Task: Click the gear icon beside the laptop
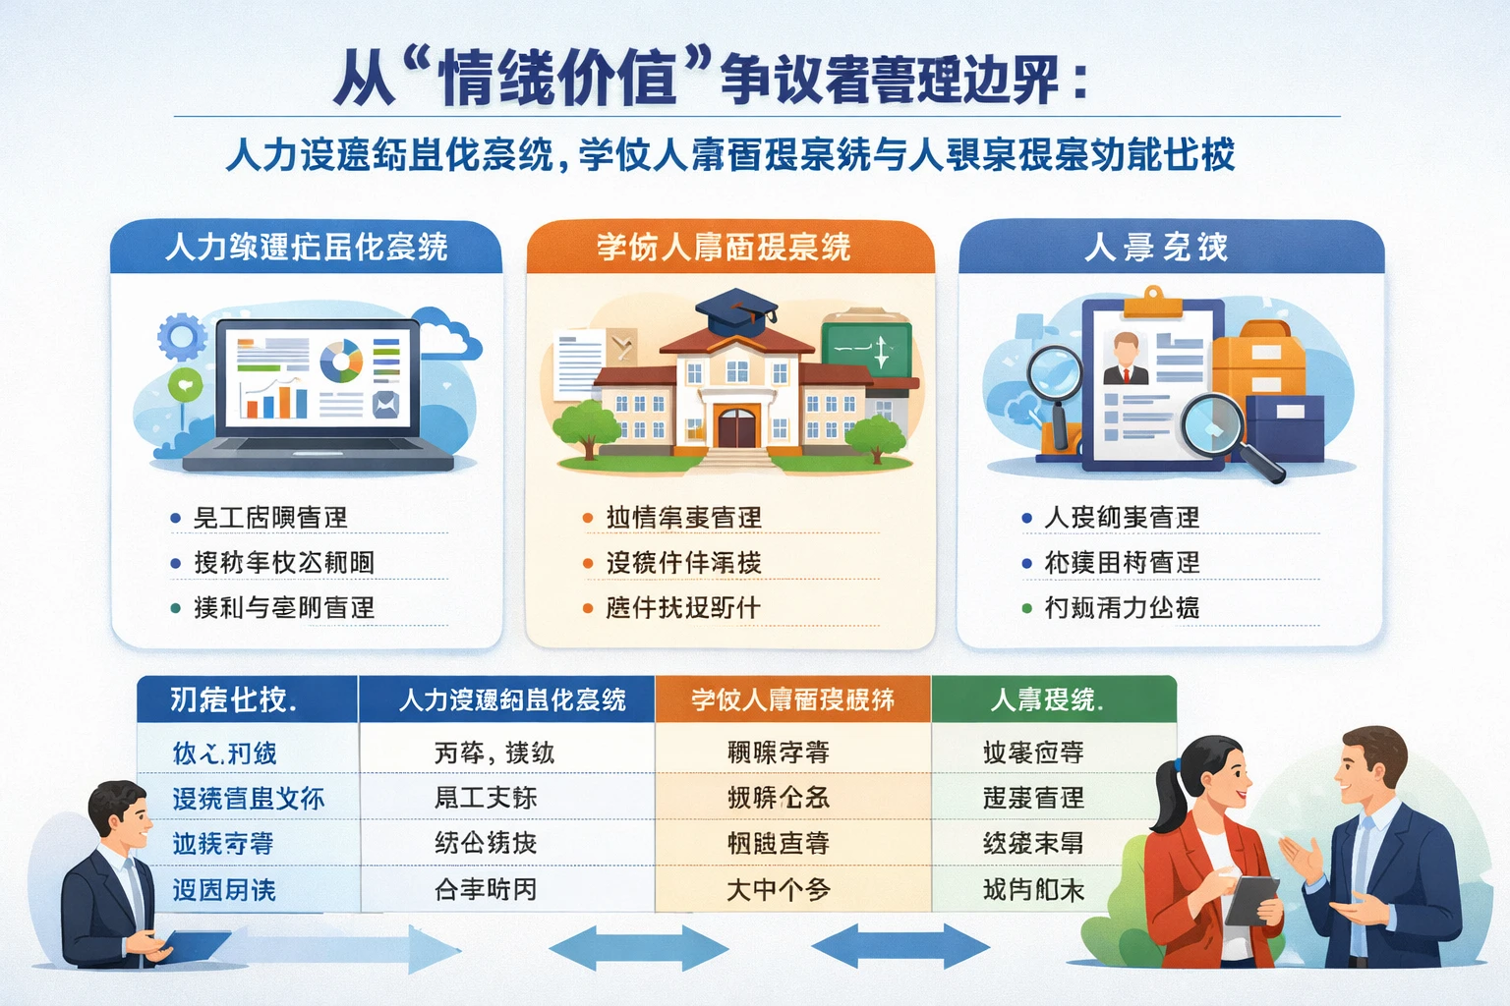[x=182, y=338]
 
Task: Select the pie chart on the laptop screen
[x=341, y=361]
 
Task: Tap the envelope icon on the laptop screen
[x=385, y=404]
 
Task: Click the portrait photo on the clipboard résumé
[x=1126, y=359]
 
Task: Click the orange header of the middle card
[x=729, y=248]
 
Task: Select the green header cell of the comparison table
[x=1053, y=699]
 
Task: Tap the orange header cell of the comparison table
[x=792, y=699]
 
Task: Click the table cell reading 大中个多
[x=779, y=890]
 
